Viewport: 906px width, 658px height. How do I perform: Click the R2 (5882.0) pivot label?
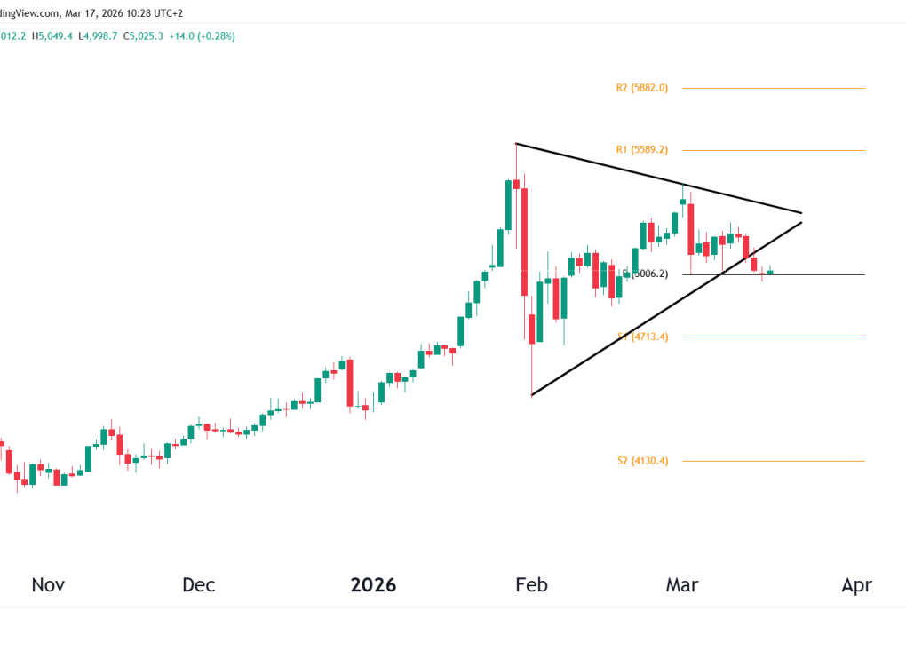[641, 88]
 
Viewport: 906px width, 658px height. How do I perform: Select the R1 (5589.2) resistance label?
[641, 150]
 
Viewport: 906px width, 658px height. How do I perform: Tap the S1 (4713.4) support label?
[642, 337]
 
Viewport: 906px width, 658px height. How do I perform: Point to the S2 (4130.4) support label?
[642, 461]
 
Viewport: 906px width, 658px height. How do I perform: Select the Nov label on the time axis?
[48, 585]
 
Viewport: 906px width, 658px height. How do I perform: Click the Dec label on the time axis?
[198, 585]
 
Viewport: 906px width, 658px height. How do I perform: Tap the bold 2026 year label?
[373, 585]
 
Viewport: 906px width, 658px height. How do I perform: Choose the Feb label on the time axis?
[531, 585]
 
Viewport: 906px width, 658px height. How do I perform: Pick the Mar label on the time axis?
[682, 585]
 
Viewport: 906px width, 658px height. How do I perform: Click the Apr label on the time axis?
[856, 585]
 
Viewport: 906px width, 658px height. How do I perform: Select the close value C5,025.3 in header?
[148, 36]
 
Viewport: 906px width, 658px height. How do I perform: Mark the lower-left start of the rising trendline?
[531, 395]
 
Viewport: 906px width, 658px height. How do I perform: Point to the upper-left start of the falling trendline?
[516, 144]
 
